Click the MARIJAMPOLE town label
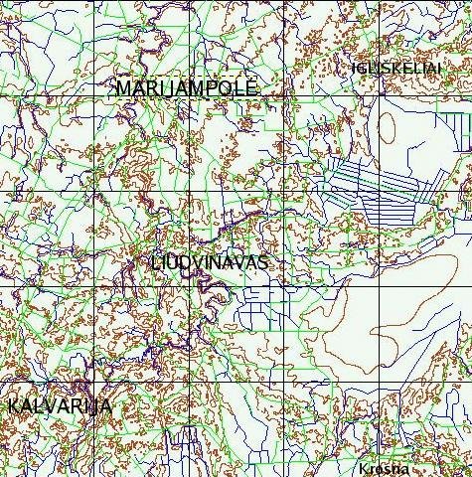[187, 87]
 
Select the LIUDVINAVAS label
[211, 263]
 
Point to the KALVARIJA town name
[60, 406]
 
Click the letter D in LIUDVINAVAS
[190, 263]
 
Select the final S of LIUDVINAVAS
[263, 263]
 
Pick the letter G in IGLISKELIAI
[362, 67]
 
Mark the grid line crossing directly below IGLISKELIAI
[378, 95]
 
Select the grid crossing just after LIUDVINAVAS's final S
[283, 286]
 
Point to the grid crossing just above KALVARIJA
[95, 382]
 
